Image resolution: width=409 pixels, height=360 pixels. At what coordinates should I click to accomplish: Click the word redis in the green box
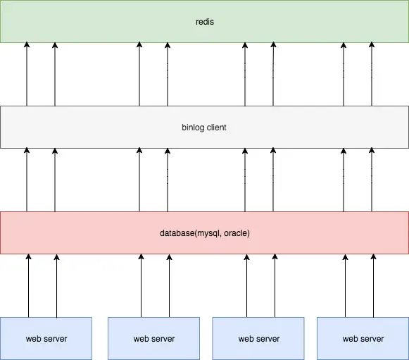coord(205,22)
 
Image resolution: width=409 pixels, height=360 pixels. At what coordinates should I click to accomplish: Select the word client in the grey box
coord(217,128)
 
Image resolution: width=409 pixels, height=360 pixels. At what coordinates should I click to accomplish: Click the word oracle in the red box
coord(236,233)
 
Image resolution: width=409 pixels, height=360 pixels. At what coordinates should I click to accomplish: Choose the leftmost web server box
coord(46,338)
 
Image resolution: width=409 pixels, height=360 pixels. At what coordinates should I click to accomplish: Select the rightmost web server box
coord(363,338)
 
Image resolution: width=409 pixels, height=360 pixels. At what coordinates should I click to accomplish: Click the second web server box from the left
coord(154,338)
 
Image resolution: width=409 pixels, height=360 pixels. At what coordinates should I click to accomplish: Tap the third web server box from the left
coord(258,338)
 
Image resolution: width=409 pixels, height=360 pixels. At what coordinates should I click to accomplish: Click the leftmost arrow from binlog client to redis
coord(27,74)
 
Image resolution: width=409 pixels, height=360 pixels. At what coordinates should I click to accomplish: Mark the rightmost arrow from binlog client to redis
coord(372,74)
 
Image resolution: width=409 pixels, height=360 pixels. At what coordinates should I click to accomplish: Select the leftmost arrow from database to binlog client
coord(27,180)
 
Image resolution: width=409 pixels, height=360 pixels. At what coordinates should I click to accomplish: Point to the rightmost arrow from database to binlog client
coord(372,180)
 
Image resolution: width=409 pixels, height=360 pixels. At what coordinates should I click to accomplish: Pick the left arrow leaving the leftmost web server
coord(28,285)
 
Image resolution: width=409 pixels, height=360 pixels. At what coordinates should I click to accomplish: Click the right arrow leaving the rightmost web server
coord(374,285)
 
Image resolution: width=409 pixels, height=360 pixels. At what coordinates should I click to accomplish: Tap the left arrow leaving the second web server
coord(141,285)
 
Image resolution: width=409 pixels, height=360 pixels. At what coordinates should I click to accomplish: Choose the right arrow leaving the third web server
coord(275,285)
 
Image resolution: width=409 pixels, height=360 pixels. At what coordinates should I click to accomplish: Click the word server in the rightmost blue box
coord(372,339)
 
